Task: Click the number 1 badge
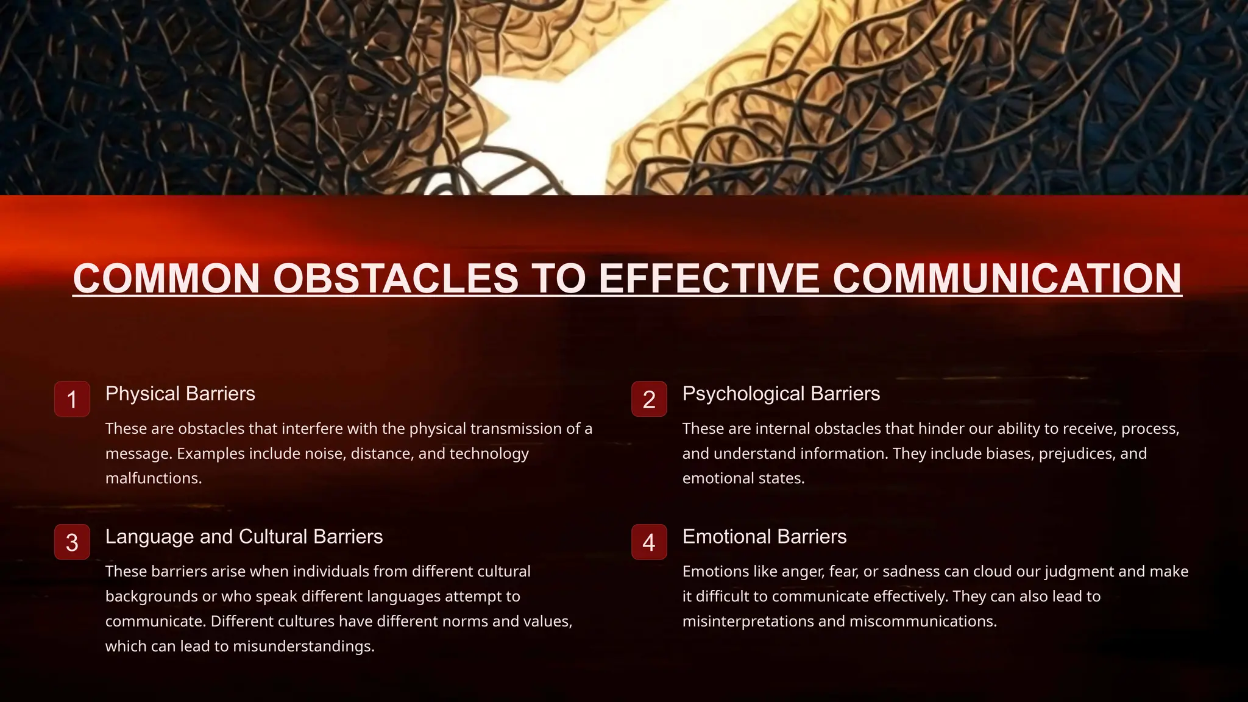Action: [72, 399]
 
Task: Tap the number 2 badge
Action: [649, 399]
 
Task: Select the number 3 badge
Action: [72, 542]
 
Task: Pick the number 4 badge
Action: [649, 542]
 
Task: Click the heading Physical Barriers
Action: [180, 394]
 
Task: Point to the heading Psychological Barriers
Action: [781, 394]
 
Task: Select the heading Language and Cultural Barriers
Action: [244, 536]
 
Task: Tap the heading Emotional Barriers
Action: [764, 536]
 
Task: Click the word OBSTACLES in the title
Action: [395, 278]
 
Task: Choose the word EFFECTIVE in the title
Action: [709, 278]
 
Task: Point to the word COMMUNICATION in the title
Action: [1007, 278]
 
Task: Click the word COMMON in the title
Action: [166, 278]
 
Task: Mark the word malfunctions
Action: [153, 478]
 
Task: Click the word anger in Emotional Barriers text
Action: [803, 572]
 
